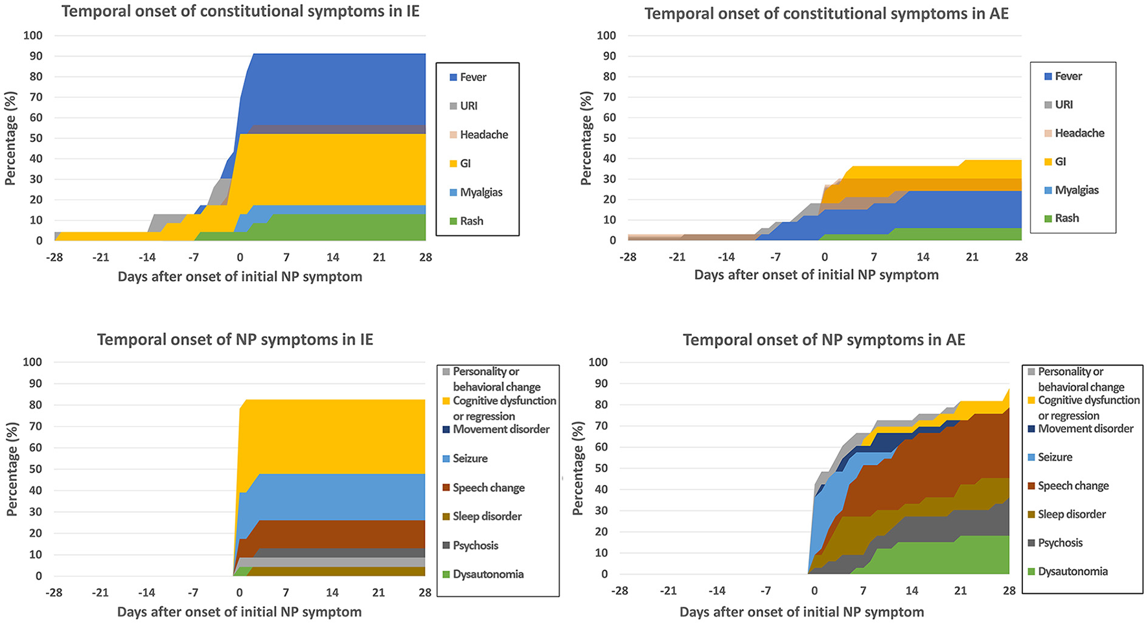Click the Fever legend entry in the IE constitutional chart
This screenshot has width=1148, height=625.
473,77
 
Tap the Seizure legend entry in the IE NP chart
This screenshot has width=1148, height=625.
470,458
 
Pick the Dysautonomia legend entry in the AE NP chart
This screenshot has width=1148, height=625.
1072,571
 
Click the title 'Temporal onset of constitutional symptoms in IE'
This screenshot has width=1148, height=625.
240,12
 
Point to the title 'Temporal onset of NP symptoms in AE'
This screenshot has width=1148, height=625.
823,340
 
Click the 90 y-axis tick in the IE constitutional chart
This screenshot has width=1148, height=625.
33,56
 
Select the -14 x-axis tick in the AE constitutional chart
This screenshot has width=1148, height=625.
726,257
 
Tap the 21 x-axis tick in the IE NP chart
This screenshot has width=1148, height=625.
378,592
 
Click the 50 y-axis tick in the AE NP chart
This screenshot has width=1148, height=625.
601,468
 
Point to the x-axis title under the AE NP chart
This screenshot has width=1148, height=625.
801,612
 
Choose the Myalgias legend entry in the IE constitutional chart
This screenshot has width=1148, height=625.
481,193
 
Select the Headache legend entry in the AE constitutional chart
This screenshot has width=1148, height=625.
1079,133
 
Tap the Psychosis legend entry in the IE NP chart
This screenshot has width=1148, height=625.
475,545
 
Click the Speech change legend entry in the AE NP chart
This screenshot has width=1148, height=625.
1073,486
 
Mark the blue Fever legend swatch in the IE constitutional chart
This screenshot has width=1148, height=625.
453,78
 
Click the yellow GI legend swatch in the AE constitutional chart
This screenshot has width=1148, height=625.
1048,162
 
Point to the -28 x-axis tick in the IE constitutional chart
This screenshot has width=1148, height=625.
54,257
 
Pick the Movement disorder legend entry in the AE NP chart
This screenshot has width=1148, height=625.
1085,429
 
